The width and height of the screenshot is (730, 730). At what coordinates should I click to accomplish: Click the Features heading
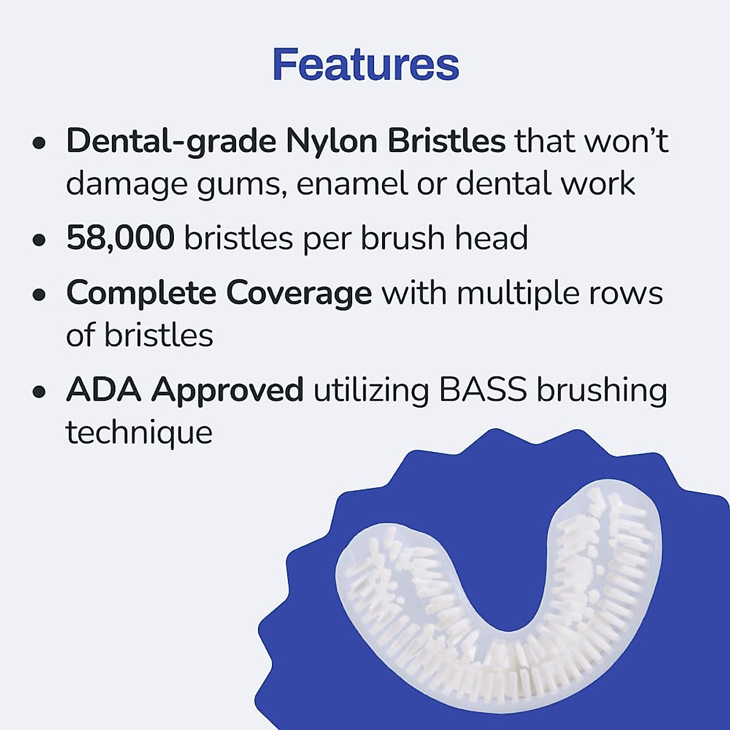(366, 64)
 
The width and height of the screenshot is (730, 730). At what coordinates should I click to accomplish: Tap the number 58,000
(120, 237)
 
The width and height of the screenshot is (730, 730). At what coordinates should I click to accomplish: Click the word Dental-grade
(171, 142)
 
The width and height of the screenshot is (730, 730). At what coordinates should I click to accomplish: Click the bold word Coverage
(299, 294)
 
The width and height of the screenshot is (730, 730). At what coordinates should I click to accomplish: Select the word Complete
(141, 294)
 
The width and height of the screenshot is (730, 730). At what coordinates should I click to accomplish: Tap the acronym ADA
(103, 389)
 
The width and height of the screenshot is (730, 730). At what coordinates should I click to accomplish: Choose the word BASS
(482, 389)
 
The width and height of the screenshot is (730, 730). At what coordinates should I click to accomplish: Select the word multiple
(515, 294)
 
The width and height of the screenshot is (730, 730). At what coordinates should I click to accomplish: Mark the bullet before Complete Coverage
(40, 296)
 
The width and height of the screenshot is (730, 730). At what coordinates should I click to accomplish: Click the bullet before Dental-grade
(40, 144)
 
